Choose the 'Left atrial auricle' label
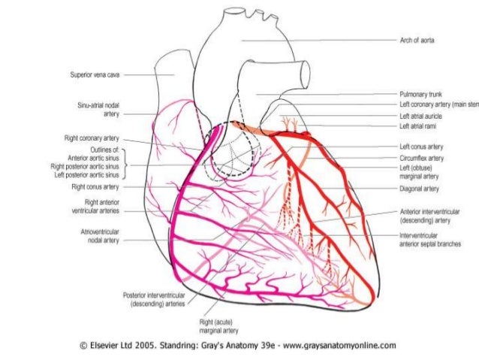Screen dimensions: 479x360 [x=421, y=116]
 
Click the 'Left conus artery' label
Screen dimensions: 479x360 [x=420, y=146]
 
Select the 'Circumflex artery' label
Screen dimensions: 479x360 [x=420, y=159]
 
